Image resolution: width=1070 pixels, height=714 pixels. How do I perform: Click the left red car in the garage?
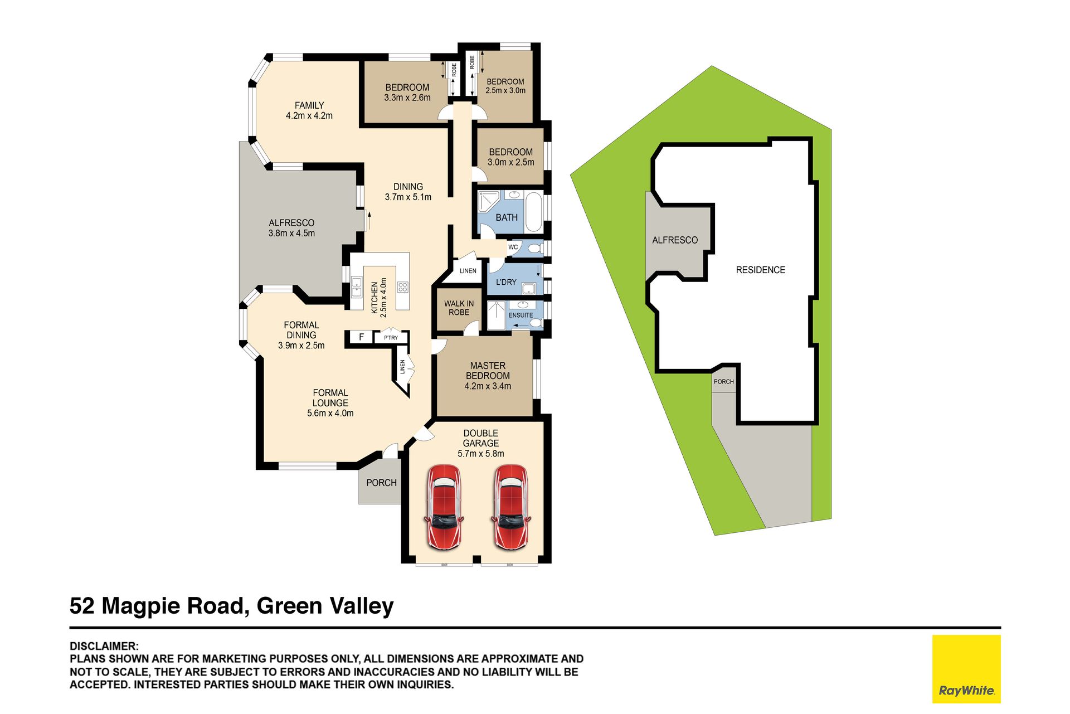444,508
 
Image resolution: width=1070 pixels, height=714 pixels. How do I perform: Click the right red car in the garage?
510,508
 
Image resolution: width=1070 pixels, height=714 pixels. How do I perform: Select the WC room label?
513,247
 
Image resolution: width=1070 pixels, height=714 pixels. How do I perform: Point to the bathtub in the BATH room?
533,212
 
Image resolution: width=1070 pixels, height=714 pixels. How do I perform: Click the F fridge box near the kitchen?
361,337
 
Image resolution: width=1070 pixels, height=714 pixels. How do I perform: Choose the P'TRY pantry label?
391,338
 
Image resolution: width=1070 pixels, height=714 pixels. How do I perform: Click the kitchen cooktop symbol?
402,287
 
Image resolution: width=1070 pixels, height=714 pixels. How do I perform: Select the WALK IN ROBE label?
459,308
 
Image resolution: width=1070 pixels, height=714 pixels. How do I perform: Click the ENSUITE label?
521,315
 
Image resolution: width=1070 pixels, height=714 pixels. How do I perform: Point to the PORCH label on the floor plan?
381,483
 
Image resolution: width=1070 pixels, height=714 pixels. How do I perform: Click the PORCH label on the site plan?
723,382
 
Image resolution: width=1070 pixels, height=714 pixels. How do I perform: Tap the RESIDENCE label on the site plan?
760,270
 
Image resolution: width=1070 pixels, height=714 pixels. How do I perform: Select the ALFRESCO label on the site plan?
675,240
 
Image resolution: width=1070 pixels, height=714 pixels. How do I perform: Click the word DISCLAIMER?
104,646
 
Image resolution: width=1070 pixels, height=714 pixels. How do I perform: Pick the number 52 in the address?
82,606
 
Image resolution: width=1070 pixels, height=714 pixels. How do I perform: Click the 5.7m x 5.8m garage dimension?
481,454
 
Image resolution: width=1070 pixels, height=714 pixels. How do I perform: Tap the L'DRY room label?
506,282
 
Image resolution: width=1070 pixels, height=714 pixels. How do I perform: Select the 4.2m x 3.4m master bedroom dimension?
488,386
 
